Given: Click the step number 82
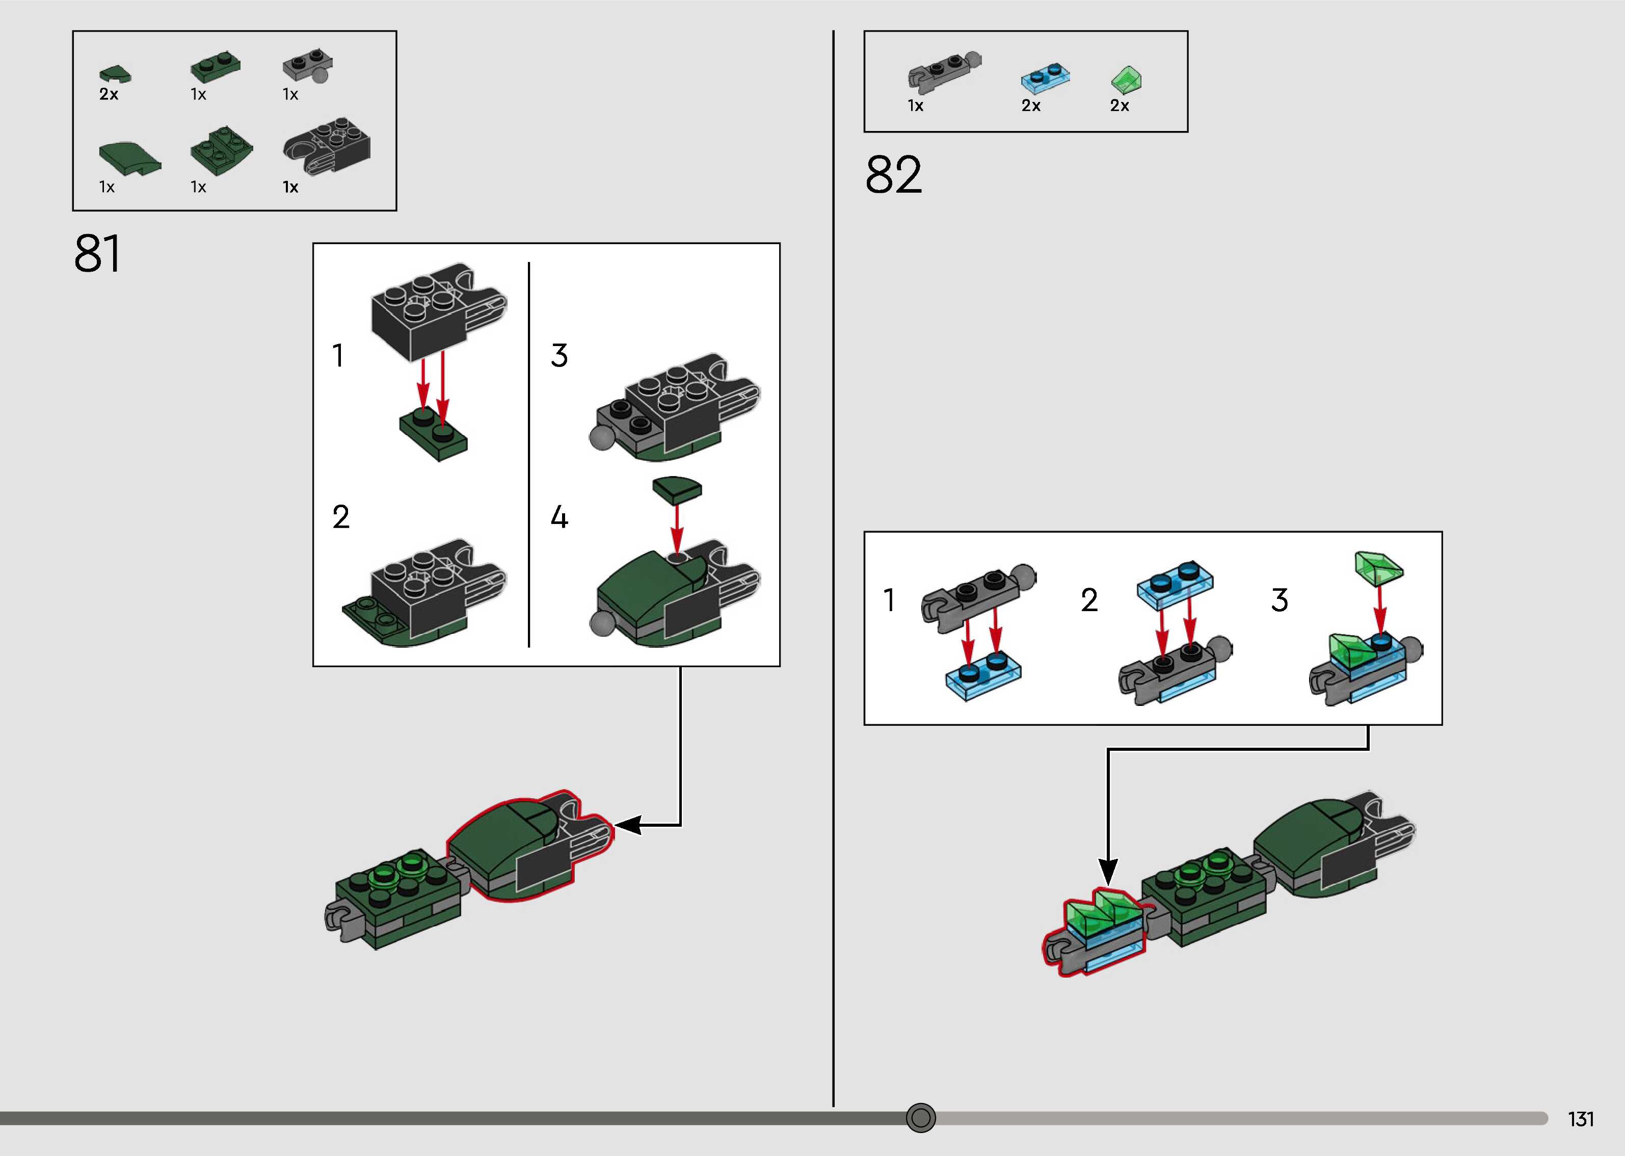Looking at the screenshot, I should tap(894, 175).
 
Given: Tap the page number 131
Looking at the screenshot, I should tap(1580, 1119).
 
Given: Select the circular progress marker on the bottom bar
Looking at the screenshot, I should tap(921, 1118).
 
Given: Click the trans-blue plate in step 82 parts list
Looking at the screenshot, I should tap(1045, 77).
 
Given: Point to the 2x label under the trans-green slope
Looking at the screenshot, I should tap(1119, 106).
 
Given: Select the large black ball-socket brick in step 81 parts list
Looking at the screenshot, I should tap(327, 146).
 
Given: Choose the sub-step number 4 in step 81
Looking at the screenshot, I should tap(559, 517).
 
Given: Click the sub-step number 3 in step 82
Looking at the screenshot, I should tap(1279, 600).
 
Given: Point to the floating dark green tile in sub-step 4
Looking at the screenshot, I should tap(677, 489).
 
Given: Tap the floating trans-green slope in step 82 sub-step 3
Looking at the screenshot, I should tap(1378, 568).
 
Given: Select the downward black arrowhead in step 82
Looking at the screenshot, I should tap(1108, 871).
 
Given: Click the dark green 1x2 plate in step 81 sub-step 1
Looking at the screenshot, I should tap(433, 434).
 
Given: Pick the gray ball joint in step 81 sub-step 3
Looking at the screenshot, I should tap(602, 438).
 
